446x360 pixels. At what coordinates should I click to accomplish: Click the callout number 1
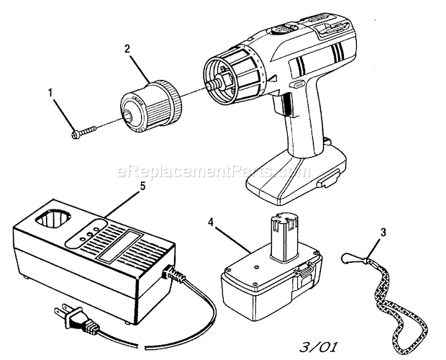pyautogui.click(x=50, y=93)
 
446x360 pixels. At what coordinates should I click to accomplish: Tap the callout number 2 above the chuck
pyautogui.click(x=127, y=49)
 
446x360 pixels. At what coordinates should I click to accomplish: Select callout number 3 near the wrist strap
pyautogui.click(x=383, y=233)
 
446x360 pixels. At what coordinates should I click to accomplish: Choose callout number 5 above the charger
pyautogui.click(x=142, y=186)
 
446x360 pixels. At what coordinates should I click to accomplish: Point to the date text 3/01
pyautogui.click(x=319, y=347)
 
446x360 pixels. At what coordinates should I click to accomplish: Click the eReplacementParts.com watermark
pyautogui.click(x=214, y=171)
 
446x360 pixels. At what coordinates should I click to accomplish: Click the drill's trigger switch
pyautogui.click(x=282, y=104)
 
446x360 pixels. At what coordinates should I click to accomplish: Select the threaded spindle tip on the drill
pyautogui.click(x=212, y=85)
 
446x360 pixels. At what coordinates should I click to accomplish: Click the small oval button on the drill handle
pyautogui.click(x=296, y=84)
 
